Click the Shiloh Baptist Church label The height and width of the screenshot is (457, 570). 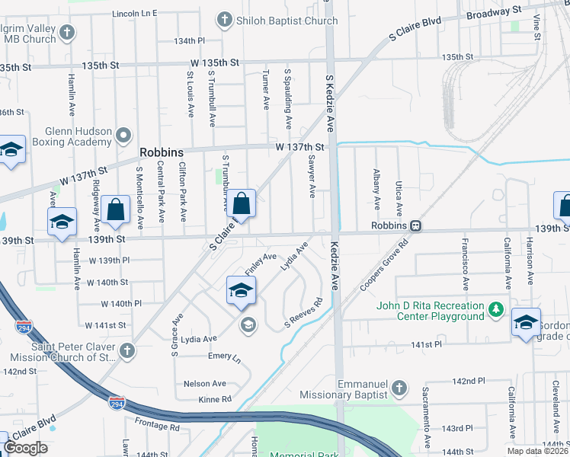(288, 21)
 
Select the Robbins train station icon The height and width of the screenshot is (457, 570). (416, 226)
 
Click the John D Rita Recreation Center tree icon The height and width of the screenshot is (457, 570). (496, 310)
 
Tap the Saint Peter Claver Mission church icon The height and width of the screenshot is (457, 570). (126, 351)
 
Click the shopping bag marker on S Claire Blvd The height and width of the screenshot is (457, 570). (241, 204)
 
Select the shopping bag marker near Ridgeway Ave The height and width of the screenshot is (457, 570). (114, 210)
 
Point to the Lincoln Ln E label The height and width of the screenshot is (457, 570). (134, 13)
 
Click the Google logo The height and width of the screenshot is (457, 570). (25, 448)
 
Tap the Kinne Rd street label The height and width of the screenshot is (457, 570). (216, 398)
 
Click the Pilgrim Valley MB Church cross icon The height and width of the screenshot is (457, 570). (67, 33)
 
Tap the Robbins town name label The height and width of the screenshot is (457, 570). (162, 152)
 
